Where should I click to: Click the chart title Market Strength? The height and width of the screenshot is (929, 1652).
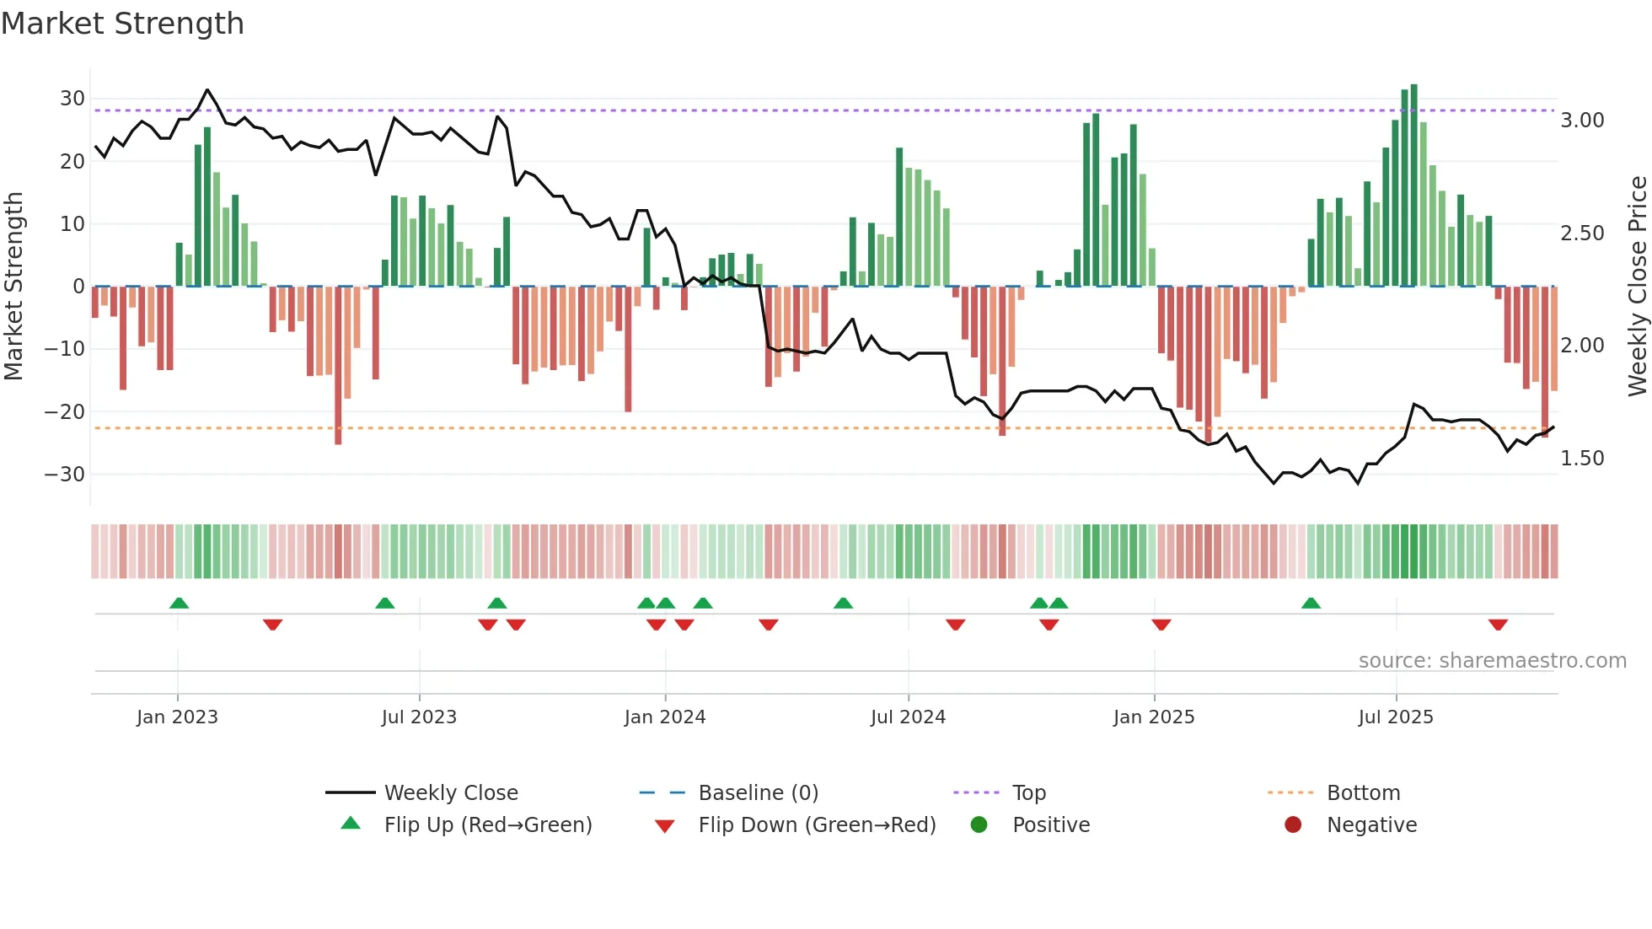(122, 24)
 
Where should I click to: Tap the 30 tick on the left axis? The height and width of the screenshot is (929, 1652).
(72, 99)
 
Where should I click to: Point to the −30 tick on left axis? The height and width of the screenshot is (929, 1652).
(65, 475)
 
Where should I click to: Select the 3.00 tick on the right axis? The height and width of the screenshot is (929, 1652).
(1582, 121)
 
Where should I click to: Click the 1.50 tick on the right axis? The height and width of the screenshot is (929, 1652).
(1582, 459)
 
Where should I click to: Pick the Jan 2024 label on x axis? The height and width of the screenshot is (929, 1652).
(665, 717)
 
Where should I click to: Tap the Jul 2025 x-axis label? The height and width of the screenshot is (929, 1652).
(1396, 717)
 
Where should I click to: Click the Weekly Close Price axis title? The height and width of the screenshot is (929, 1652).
(1637, 286)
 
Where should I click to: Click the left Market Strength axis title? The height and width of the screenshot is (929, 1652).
(13, 286)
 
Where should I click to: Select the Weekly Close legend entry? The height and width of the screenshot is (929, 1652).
(450, 793)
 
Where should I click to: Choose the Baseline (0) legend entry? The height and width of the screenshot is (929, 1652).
(758, 793)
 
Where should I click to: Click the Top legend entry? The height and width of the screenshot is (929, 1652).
(1028, 793)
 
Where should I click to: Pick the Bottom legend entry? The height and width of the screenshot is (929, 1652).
(1363, 793)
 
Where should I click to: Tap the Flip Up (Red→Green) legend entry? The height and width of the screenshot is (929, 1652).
(487, 825)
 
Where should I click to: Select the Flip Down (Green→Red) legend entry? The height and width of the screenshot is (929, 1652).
(817, 825)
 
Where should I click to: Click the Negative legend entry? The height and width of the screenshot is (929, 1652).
(1371, 825)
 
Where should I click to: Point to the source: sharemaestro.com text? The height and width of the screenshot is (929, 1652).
(1492, 661)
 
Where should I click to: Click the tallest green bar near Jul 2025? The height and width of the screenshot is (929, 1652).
(1414, 185)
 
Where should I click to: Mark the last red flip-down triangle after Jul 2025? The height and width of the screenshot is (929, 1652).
(1498, 625)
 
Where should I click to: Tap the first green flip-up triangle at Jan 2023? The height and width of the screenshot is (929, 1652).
(179, 603)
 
